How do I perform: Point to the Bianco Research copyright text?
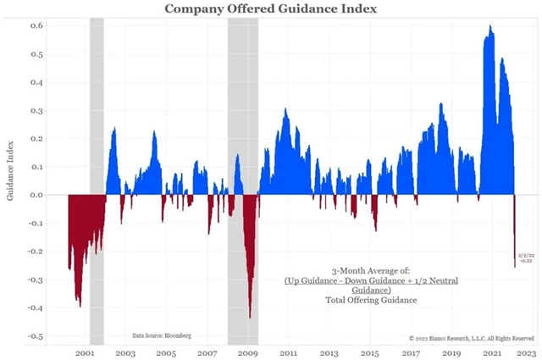471,337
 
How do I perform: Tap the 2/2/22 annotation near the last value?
526,255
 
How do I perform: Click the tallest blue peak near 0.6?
490,27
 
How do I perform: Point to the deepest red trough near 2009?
250,316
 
